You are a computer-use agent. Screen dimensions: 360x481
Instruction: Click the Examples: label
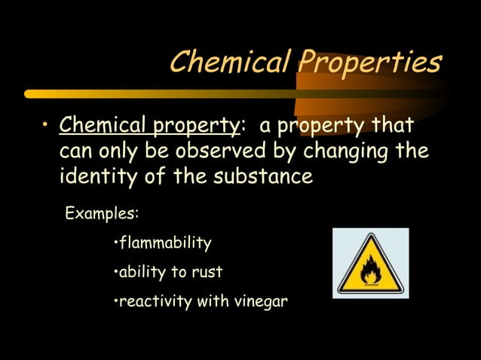103,213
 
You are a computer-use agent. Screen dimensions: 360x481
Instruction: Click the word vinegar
261,302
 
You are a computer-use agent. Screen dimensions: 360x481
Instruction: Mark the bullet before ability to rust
115,272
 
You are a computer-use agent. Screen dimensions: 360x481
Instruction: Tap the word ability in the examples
142,272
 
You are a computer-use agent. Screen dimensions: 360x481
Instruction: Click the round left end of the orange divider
29,94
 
